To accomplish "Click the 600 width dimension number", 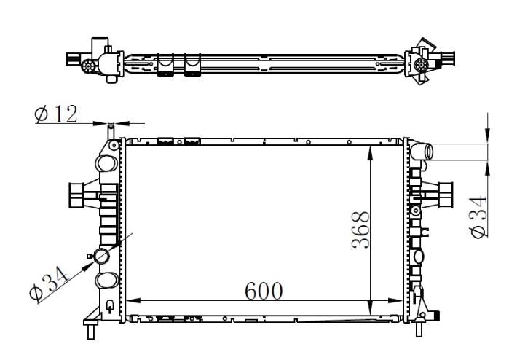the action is click(264, 291).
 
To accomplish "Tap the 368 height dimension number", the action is click(360, 230).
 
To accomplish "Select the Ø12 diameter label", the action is click(56, 114).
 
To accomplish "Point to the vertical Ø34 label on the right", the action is click(478, 216).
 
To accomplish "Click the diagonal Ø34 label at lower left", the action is click(49, 283).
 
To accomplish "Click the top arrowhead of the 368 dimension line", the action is click(370, 153).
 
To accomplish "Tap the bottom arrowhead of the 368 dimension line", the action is click(370, 308).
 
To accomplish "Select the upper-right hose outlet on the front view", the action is click(422, 152).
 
